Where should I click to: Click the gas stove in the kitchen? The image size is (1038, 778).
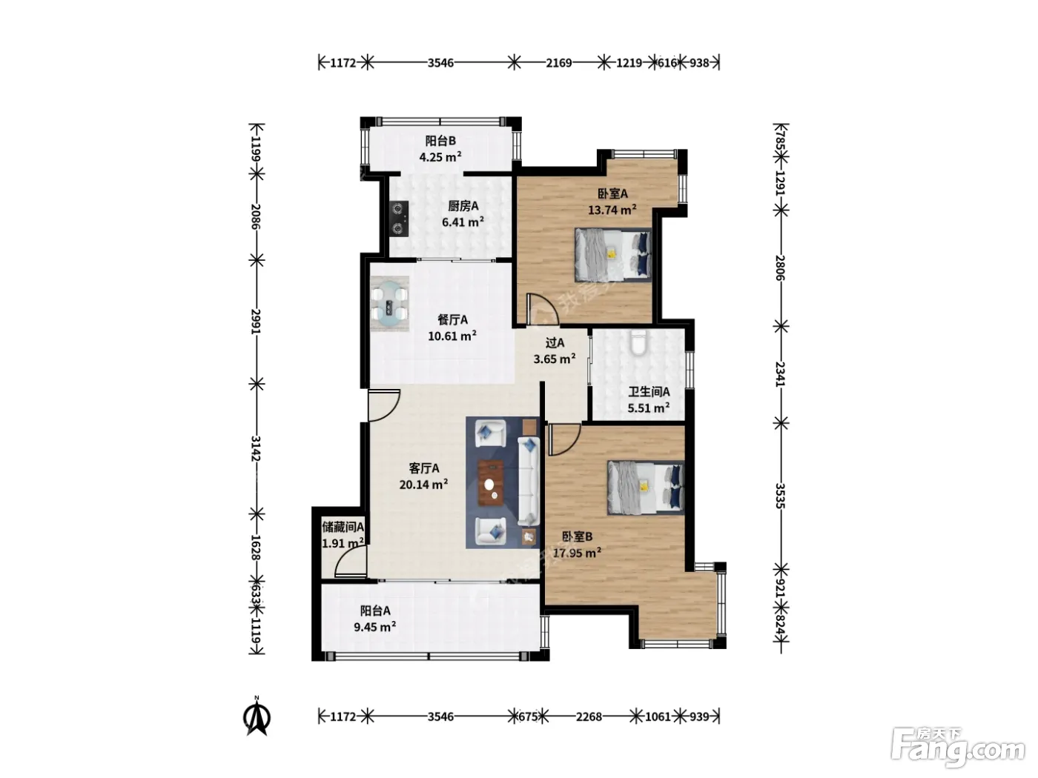[400, 219]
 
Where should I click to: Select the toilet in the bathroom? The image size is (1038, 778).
[638, 343]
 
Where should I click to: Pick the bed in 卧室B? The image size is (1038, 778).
[646, 488]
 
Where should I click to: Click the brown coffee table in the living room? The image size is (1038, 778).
[491, 483]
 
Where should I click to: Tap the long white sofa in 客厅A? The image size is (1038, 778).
[529, 481]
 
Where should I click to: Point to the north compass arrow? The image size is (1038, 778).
[257, 717]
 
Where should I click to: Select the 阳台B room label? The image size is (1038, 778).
[440, 141]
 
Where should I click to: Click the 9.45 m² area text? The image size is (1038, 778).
[375, 627]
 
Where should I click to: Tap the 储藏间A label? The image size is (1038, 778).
[343, 526]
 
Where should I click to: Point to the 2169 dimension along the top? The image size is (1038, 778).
[559, 62]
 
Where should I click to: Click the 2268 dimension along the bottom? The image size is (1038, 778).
[589, 717]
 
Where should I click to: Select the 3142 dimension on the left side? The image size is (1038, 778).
[256, 448]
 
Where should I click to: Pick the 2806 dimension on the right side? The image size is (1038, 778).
[780, 267]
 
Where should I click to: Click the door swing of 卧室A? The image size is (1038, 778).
[543, 309]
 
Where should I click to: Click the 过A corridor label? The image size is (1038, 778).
[555, 342]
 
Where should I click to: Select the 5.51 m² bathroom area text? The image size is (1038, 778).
[648, 408]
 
